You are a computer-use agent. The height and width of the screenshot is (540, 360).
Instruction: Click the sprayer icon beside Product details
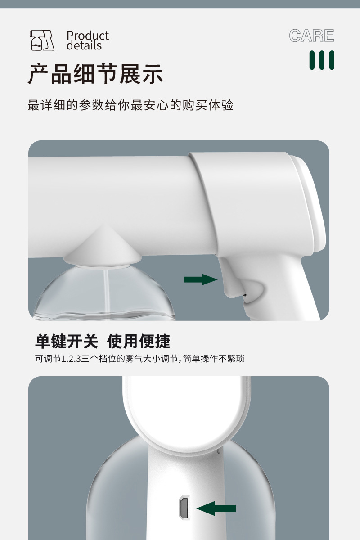click(x=41, y=40)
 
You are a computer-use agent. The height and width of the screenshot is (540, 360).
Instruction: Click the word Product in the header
click(x=88, y=36)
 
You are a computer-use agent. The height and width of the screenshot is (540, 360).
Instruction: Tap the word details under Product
click(x=84, y=46)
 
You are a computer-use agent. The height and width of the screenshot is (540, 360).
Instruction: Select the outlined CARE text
click(x=311, y=36)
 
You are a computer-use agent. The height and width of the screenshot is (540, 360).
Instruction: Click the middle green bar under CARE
click(x=322, y=60)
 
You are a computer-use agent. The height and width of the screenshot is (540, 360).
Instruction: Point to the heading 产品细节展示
click(x=95, y=74)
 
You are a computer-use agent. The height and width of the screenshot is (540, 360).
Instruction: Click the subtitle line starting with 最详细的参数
click(x=130, y=105)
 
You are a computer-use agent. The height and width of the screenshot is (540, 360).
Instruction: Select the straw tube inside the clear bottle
click(x=106, y=292)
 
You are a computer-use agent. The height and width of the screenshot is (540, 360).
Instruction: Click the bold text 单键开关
click(x=66, y=341)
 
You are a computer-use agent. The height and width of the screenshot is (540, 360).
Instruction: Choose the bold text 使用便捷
click(x=139, y=341)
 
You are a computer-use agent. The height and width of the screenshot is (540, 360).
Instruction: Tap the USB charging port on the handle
click(x=183, y=508)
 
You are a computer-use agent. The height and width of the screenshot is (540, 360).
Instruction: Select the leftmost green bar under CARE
click(x=312, y=60)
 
